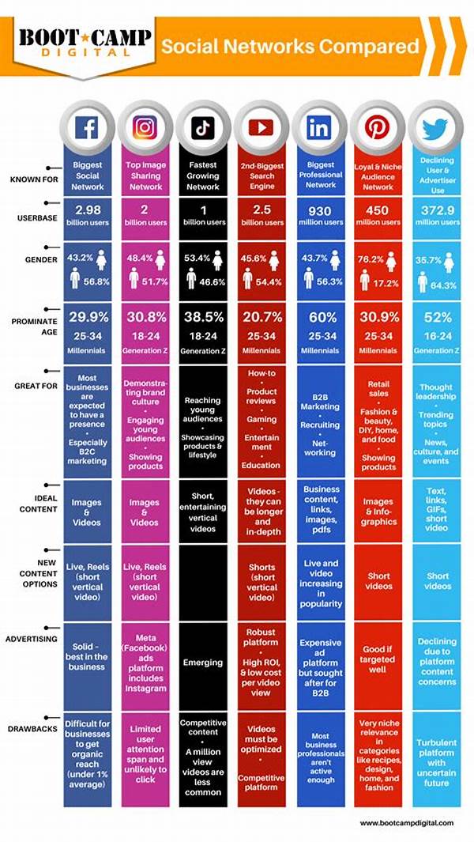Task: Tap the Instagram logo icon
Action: pos(144,126)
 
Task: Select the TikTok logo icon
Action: pos(201,126)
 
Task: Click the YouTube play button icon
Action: pos(261,126)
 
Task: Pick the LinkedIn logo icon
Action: pos(318,126)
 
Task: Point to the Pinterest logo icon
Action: pos(377,126)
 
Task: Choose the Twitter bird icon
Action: pos(434,126)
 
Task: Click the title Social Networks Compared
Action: pos(290,46)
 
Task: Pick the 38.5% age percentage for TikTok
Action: pos(202,317)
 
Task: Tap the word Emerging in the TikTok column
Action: pos(202,662)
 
